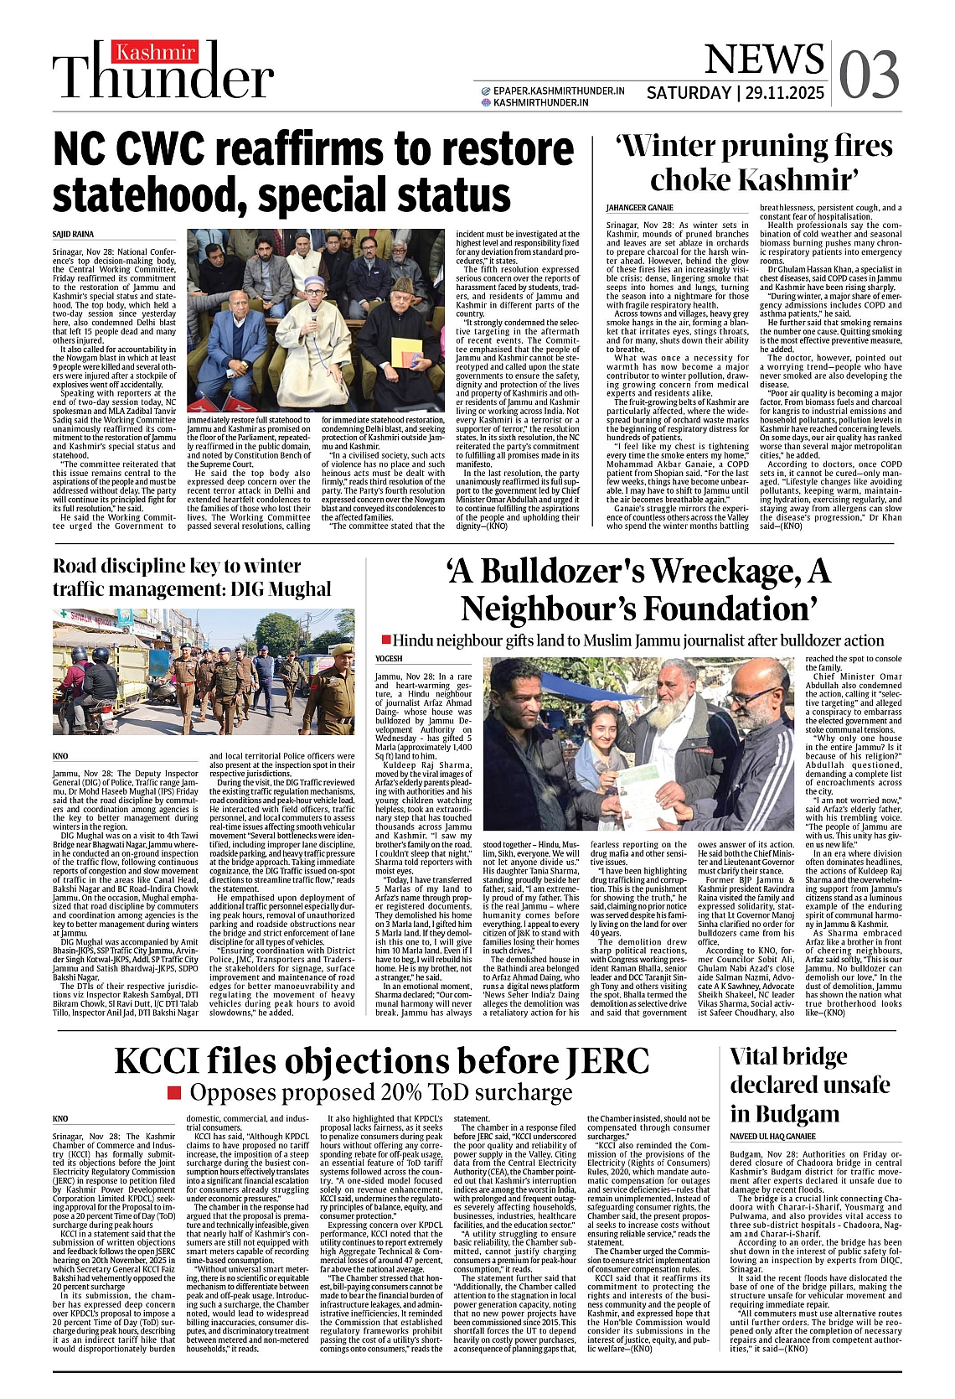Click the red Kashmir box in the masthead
[x=156, y=52]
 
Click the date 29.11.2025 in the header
[x=784, y=93]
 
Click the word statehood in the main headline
[x=163, y=194]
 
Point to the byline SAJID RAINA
[x=73, y=234]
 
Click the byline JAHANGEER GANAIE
[x=639, y=207]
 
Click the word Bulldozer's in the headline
[x=562, y=571]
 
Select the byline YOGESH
[x=389, y=658]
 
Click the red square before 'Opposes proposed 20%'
[x=174, y=1092]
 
